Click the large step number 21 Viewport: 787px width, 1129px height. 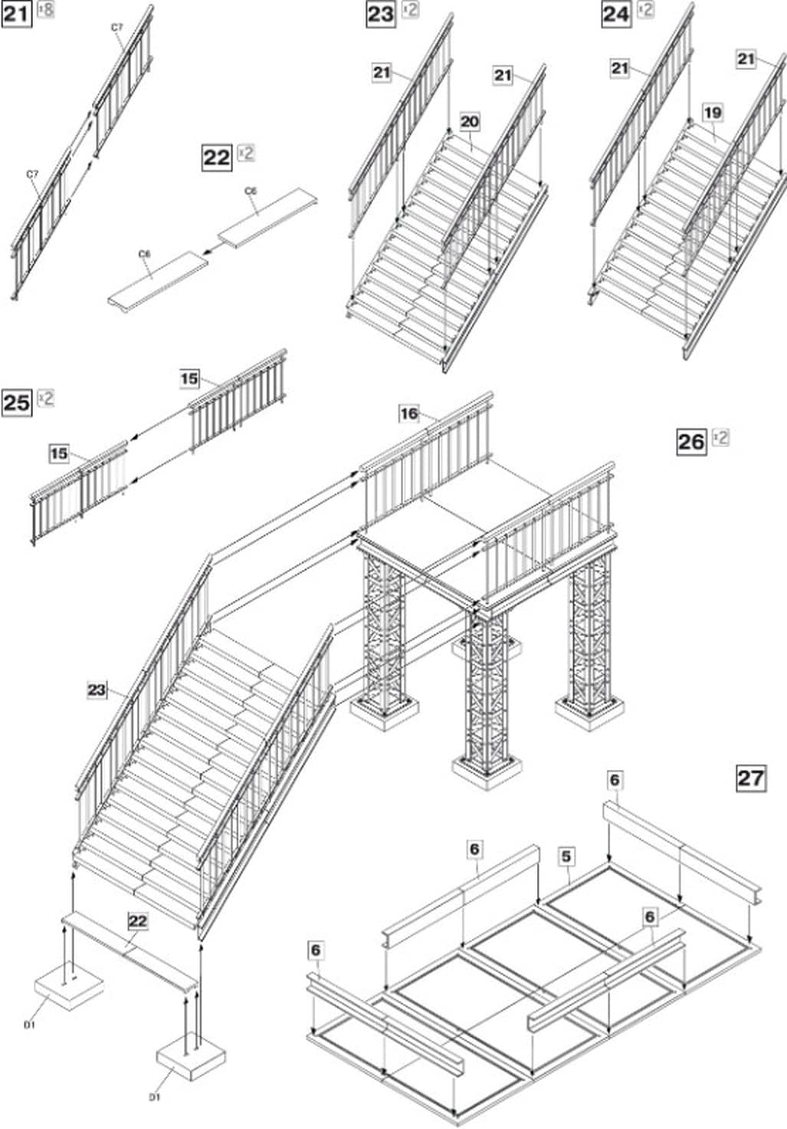pyautogui.click(x=16, y=13)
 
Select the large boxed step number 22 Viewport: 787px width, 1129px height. pyautogui.click(x=217, y=157)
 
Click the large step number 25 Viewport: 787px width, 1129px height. pyautogui.click(x=17, y=402)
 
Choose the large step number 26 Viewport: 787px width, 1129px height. pyautogui.click(x=691, y=441)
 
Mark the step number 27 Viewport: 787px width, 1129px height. pyautogui.click(x=750, y=778)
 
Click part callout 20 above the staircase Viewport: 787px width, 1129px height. pyautogui.click(x=470, y=121)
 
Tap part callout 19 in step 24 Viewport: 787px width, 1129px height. pyautogui.click(x=713, y=113)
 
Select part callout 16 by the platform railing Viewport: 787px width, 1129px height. pyautogui.click(x=409, y=414)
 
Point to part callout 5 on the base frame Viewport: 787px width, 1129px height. pyautogui.click(x=566, y=856)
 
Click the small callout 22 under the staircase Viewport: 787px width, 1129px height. pyautogui.click(x=137, y=920)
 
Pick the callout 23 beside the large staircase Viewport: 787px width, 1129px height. pyautogui.click(x=97, y=690)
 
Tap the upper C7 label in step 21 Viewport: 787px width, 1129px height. pyautogui.click(x=116, y=28)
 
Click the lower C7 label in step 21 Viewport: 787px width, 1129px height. pyautogui.click(x=32, y=175)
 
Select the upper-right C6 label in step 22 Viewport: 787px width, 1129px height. pyautogui.click(x=251, y=190)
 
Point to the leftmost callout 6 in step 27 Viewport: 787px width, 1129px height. pyautogui.click(x=316, y=950)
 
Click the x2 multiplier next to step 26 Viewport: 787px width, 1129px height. pyautogui.click(x=720, y=437)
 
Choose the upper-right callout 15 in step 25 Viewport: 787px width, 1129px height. pyautogui.click(x=189, y=378)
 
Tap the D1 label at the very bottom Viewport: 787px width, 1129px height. pyautogui.click(x=155, y=1098)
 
